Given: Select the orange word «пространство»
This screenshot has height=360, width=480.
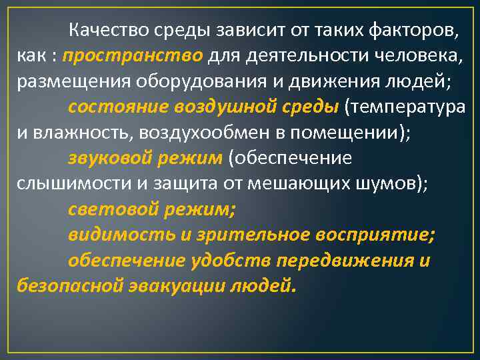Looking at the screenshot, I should tap(133, 55).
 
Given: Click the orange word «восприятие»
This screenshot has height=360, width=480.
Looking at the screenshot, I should tap(381, 235).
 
